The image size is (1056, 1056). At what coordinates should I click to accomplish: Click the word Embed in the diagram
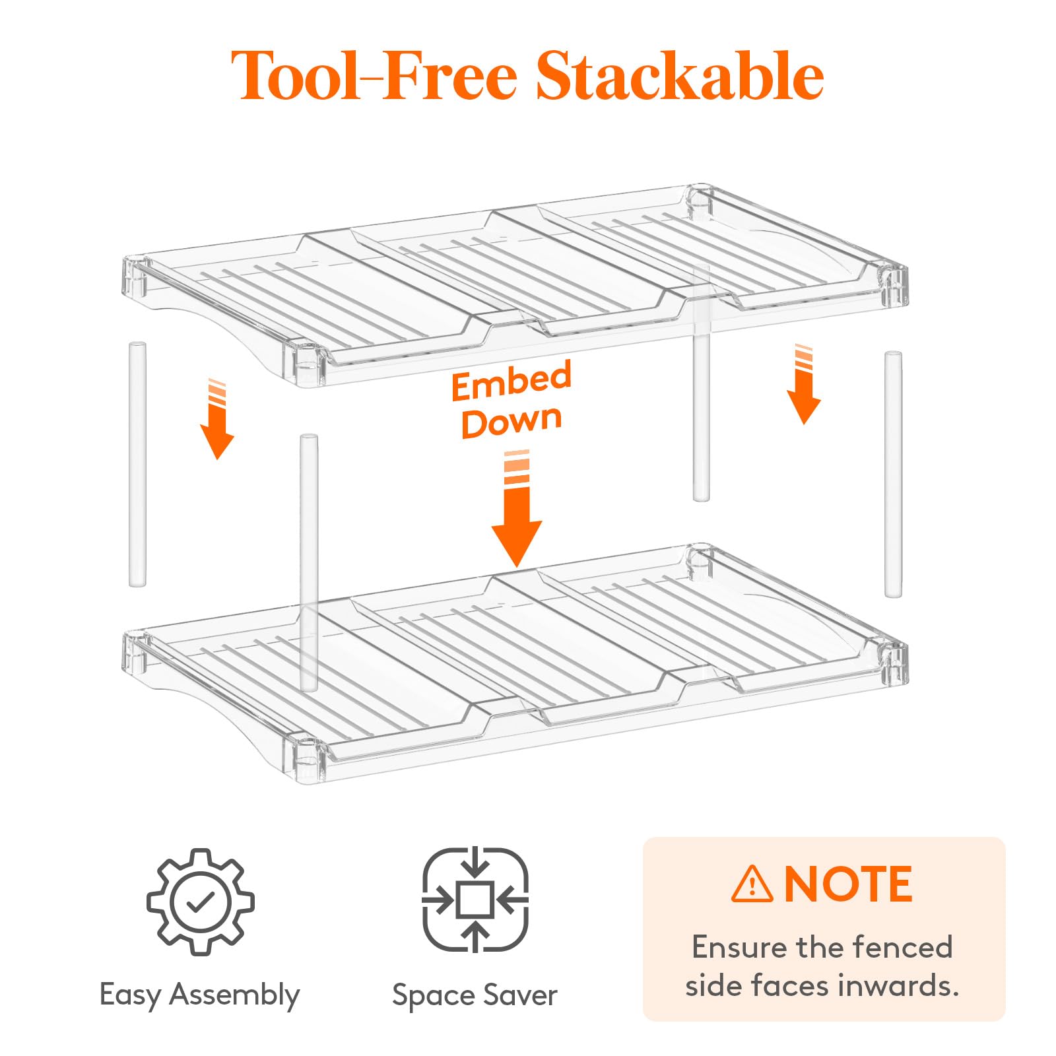(x=511, y=381)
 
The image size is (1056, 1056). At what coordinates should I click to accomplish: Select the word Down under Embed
(x=511, y=422)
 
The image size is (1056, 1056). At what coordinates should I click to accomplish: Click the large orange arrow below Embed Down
(x=517, y=508)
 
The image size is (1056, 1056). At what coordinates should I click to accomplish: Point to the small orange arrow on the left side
(x=216, y=419)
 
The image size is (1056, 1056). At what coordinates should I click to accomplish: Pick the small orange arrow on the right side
(x=803, y=384)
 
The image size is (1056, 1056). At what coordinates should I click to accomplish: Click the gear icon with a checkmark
(x=201, y=902)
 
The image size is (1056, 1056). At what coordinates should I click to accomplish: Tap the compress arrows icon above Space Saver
(x=475, y=900)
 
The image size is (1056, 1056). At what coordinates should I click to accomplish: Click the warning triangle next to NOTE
(x=752, y=884)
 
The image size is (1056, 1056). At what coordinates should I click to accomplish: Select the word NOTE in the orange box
(x=848, y=884)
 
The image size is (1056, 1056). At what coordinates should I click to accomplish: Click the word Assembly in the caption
(x=234, y=996)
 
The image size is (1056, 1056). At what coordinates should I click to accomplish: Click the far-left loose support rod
(x=137, y=464)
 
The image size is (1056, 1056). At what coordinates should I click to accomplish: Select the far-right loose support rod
(x=893, y=475)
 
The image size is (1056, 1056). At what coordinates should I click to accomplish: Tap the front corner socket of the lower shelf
(x=306, y=759)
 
